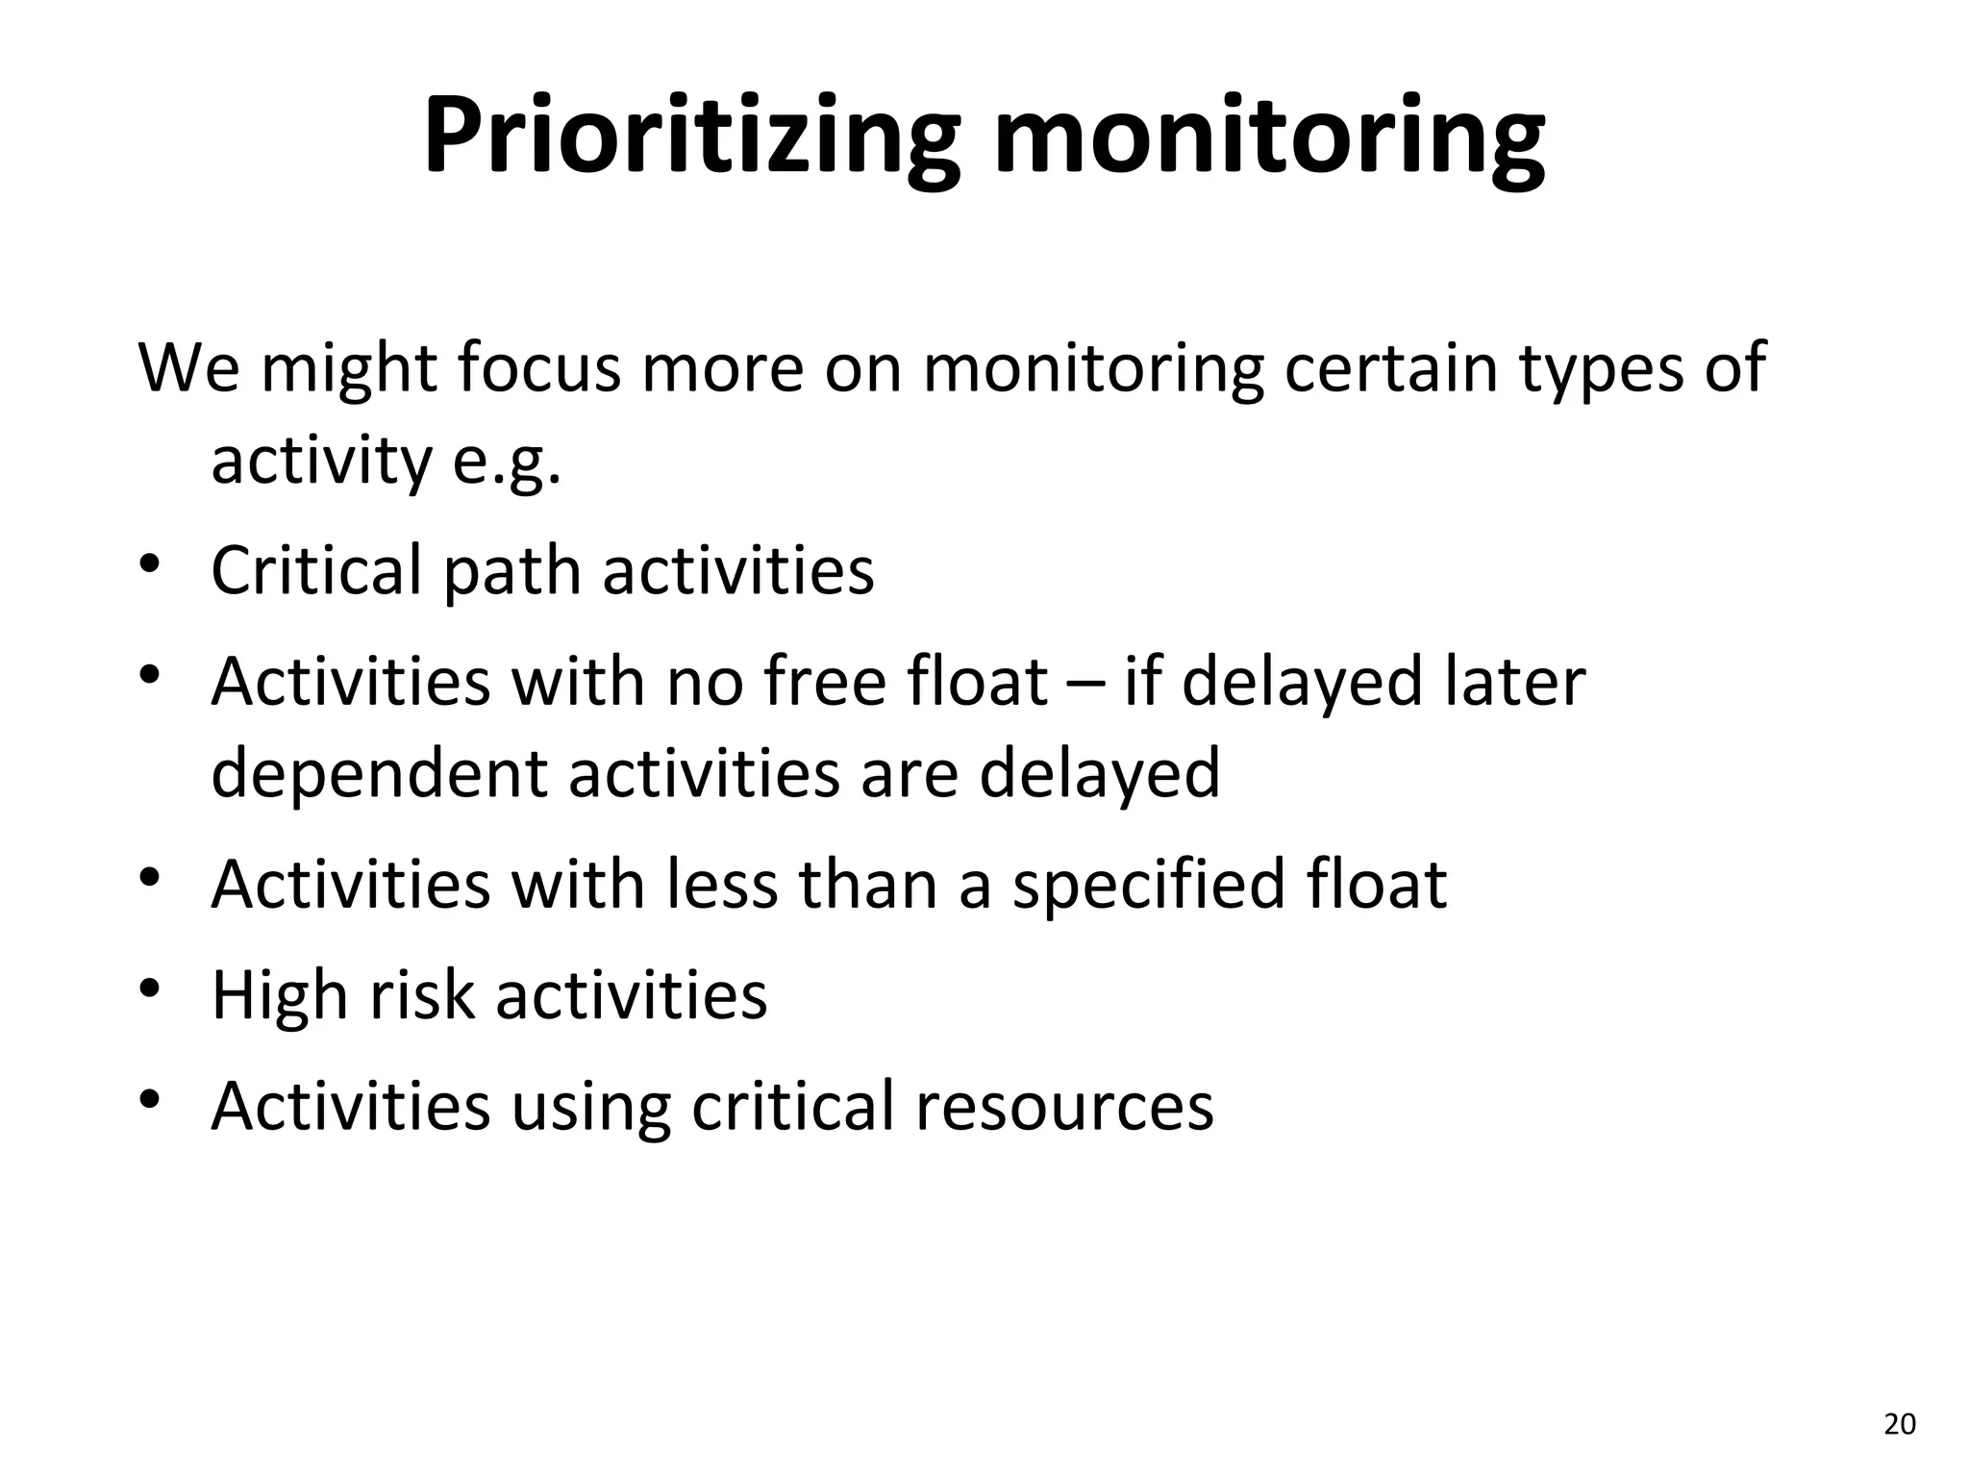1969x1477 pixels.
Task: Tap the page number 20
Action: coord(1900,1424)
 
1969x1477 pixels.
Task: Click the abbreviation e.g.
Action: coord(507,462)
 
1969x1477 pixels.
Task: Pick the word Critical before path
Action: coord(315,570)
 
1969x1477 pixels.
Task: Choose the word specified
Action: coord(1148,886)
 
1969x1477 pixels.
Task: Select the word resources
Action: coord(1064,1106)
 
